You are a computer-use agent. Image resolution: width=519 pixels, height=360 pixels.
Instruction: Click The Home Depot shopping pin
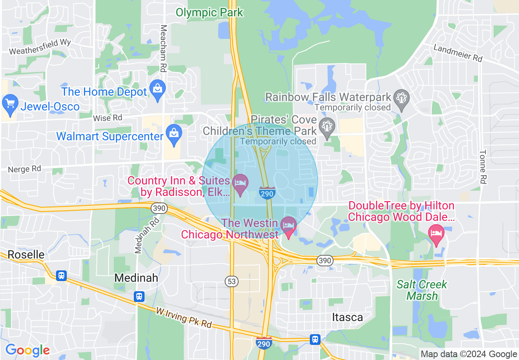click(x=157, y=88)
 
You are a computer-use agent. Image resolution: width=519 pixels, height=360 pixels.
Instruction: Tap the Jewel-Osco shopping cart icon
click(x=10, y=103)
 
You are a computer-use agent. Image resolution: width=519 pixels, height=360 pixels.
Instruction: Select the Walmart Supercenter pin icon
click(x=174, y=133)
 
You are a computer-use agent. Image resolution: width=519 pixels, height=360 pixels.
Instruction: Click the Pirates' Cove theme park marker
click(x=327, y=126)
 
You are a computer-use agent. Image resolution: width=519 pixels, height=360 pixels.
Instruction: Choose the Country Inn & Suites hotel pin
click(x=240, y=183)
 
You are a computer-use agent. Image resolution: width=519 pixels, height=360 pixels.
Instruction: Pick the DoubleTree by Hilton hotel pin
click(x=436, y=233)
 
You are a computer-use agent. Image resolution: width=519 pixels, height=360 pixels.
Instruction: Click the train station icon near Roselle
click(x=61, y=275)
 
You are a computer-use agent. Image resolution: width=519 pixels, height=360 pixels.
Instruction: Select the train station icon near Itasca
click(x=315, y=339)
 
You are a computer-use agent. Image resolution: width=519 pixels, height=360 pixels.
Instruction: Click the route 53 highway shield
click(x=231, y=281)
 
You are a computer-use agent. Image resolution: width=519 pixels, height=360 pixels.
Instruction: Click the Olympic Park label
click(x=209, y=12)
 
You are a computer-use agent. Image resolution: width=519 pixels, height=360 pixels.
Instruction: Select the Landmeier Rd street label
click(x=458, y=53)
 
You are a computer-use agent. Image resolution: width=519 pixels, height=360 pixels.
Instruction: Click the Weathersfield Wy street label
click(x=40, y=47)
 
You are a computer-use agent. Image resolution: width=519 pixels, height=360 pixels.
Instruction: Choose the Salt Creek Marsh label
click(x=422, y=290)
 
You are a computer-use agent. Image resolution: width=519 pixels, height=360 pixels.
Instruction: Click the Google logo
click(x=27, y=350)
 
